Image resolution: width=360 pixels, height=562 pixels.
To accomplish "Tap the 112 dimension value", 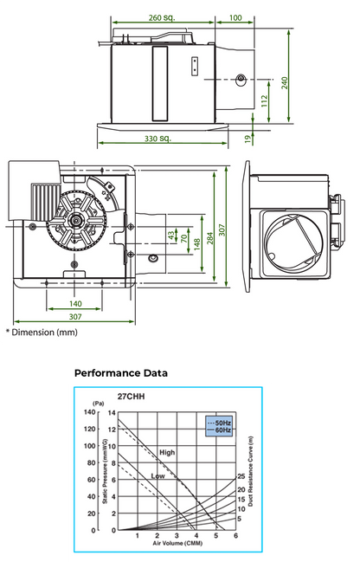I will point(262,100).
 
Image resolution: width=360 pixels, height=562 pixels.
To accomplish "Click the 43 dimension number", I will point(171,235).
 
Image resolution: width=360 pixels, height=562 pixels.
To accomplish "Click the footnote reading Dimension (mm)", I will point(42,332).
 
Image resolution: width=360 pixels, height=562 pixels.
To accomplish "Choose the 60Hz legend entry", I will point(223,429).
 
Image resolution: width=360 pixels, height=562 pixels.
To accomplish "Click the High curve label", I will point(167,452).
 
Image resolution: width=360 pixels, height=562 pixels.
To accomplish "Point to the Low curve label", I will point(158,476).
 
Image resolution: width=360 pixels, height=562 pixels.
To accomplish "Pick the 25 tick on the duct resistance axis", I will point(241,476).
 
